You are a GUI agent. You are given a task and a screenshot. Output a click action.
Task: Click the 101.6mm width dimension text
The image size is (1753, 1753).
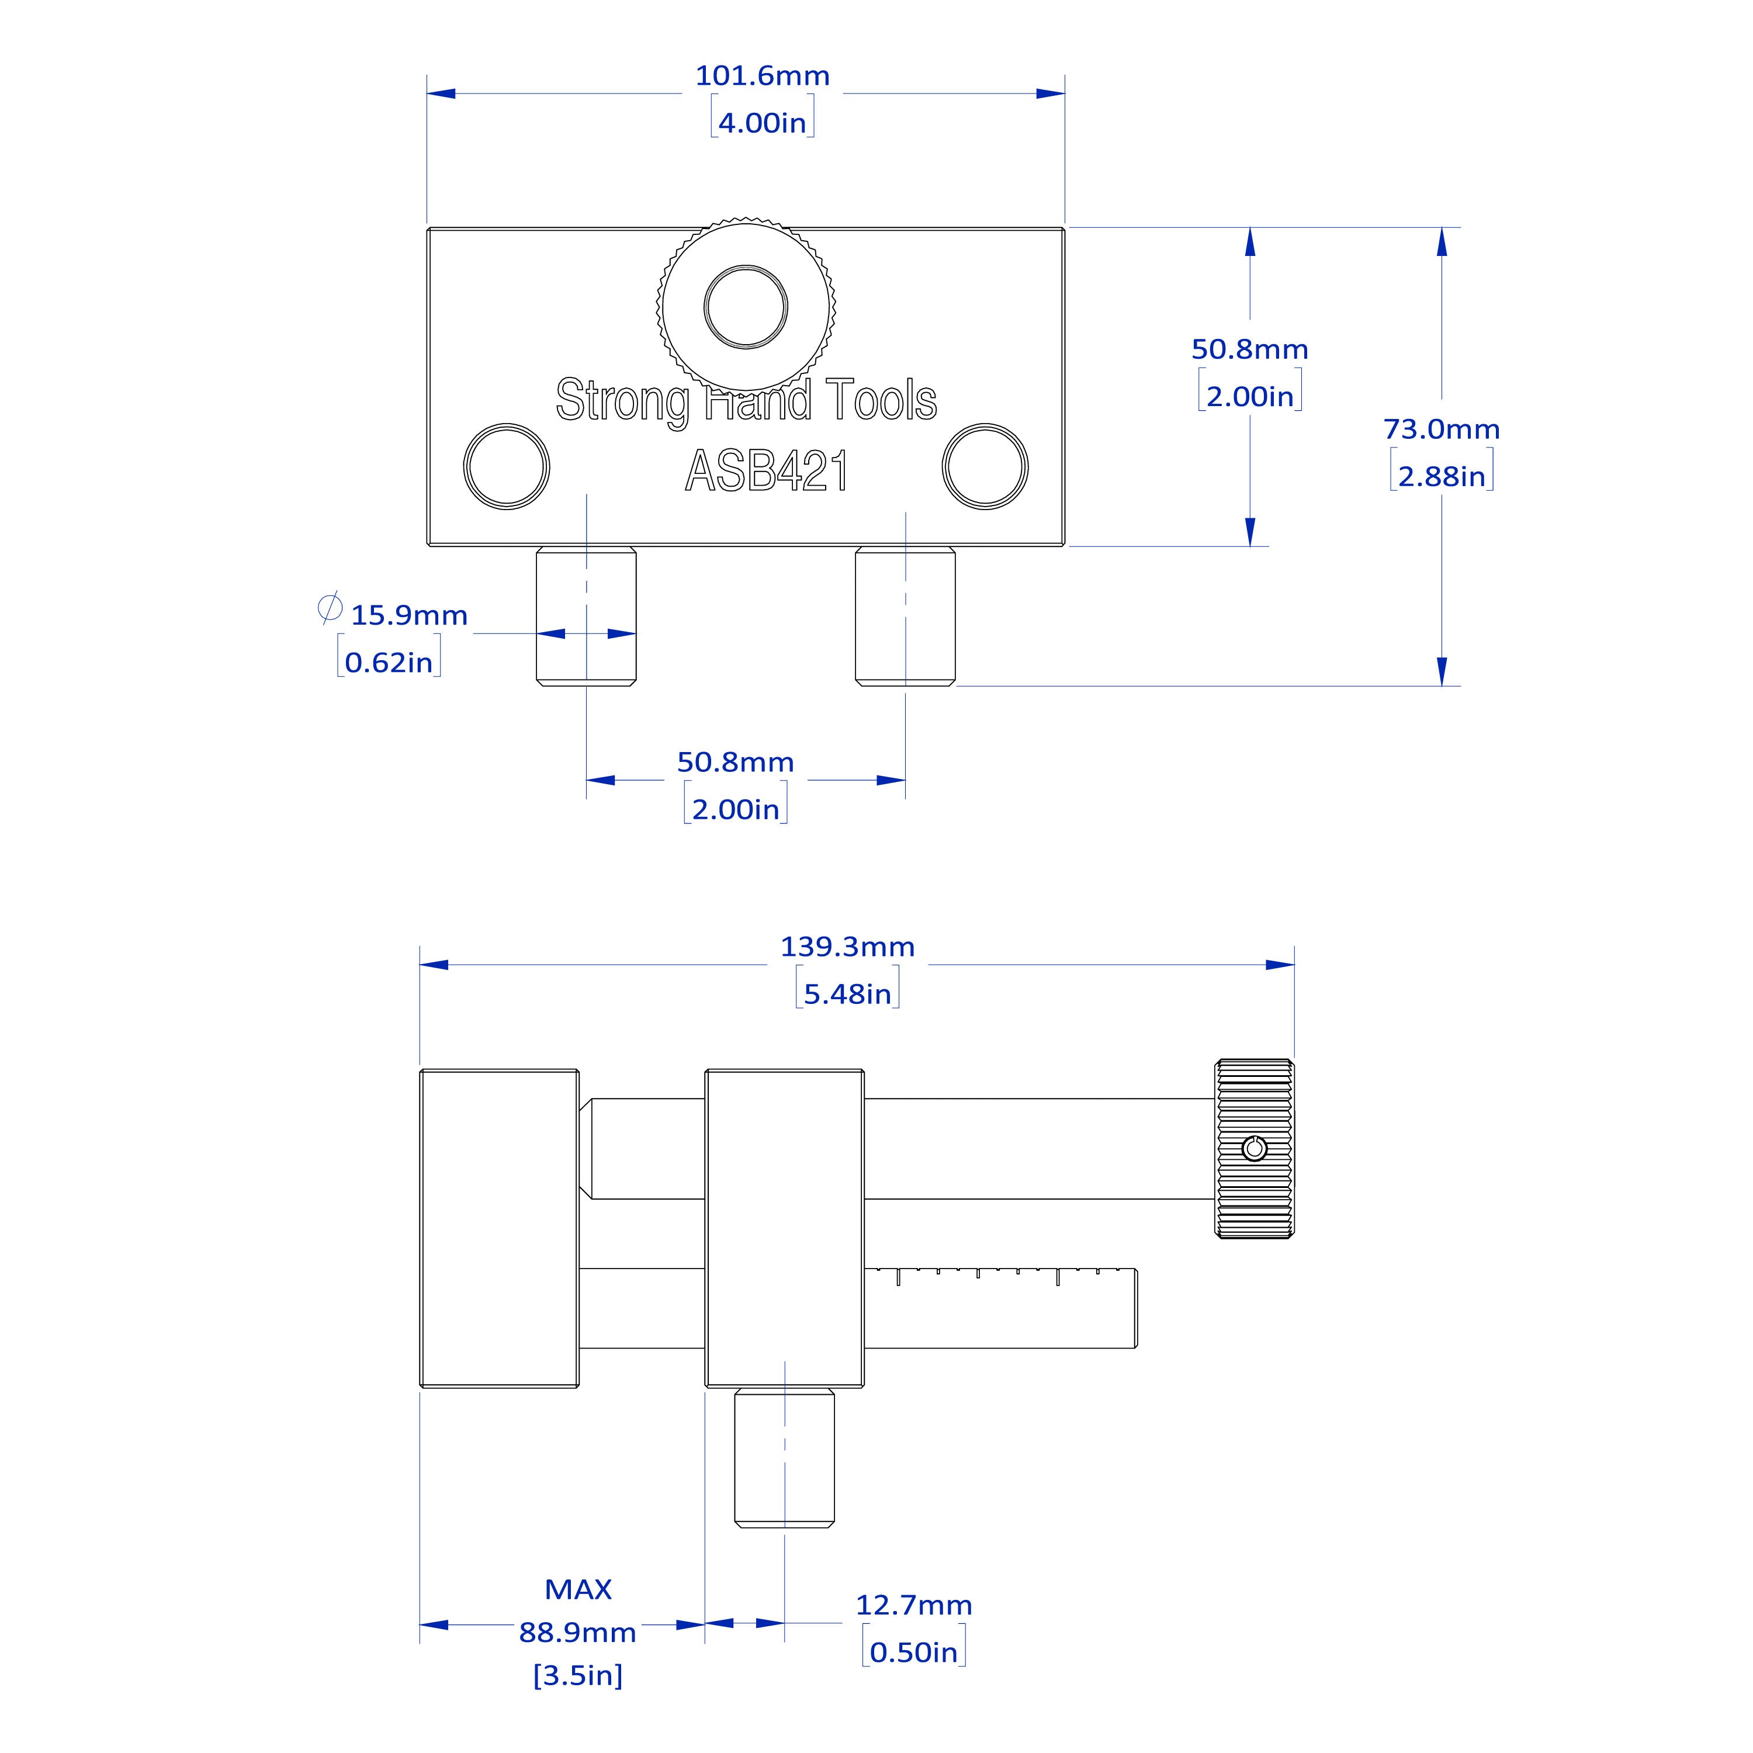(762, 76)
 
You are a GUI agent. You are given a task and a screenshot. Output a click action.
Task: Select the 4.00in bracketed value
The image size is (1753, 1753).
(762, 123)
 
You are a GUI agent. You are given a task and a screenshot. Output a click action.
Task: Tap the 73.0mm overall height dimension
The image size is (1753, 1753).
(1441, 429)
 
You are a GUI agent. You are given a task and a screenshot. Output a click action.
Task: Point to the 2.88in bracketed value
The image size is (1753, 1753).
(1441, 476)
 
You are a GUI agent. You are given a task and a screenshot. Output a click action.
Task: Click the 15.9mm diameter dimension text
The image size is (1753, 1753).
(409, 615)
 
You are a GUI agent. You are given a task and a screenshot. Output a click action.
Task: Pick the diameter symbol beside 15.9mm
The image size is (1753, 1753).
(330, 607)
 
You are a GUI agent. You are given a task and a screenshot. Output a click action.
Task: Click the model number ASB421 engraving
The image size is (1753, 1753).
(767, 471)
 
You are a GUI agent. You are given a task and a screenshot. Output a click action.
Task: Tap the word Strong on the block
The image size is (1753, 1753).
(622, 400)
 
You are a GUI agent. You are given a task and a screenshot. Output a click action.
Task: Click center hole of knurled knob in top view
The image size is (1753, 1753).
(746, 307)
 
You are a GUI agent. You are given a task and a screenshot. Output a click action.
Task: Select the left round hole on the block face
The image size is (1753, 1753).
(506, 466)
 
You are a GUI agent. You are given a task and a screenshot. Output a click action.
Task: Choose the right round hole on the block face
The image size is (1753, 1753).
(985, 466)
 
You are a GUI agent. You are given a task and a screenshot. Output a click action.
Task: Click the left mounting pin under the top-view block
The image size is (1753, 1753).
(586, 616)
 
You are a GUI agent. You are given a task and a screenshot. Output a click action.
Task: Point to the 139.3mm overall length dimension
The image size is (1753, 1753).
(847, 947)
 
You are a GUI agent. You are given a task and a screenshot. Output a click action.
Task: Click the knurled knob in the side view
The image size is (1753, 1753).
(1255, 1180)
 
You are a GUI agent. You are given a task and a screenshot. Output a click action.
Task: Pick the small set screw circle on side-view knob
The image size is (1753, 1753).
(1255, 1149)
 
